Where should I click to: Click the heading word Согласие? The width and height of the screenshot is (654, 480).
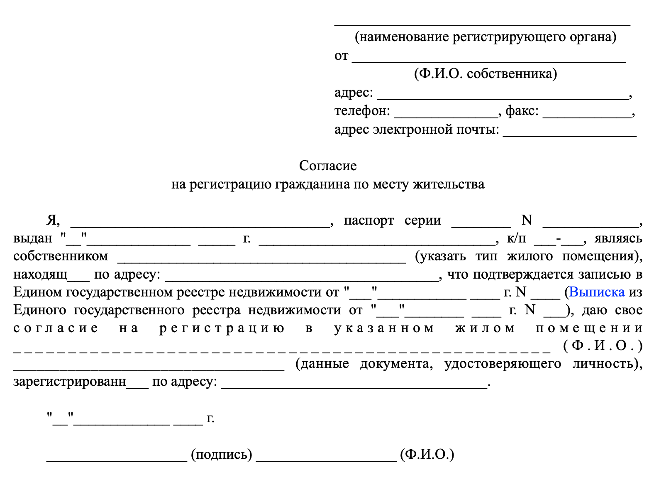(x=328, y=166)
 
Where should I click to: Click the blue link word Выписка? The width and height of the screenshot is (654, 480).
(x=597, y=292)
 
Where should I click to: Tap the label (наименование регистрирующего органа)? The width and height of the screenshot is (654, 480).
(x=485, y=37)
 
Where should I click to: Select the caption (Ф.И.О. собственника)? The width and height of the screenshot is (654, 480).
(x=485, y=73)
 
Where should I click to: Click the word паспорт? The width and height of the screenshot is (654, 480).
(x=368, y=220)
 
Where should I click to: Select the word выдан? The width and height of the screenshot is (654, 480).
(x=33, y=238)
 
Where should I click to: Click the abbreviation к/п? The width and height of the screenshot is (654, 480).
(x=516, y=238)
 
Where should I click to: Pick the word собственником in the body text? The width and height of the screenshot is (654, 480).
(x=61, y=256)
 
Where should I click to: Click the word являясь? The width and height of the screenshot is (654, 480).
(x=618, y=238)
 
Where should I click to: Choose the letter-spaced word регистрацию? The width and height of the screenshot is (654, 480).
(x=222, y=328)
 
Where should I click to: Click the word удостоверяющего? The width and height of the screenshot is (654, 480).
(x=503, y=364)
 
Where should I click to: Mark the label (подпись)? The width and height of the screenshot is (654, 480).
(x=222, y=455)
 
